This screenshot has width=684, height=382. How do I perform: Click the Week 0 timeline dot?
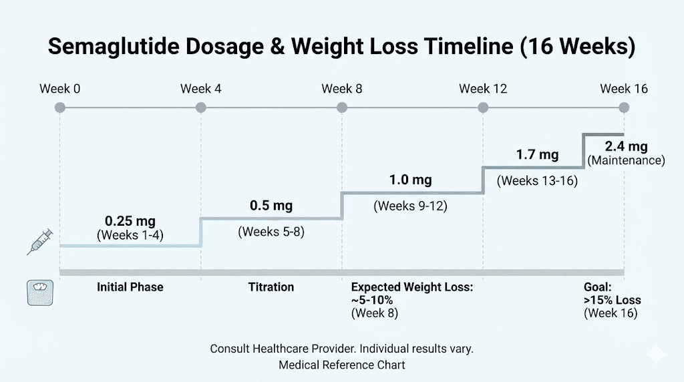coord(60,108)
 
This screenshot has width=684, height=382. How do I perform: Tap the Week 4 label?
coord(200,89)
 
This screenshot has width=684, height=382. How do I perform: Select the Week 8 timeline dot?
coord(342,108)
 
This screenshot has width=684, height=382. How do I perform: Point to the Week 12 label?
coord(484,89)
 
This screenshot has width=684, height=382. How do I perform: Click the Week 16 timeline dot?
coord(624,108)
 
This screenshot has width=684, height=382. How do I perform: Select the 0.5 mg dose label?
coord(271,206)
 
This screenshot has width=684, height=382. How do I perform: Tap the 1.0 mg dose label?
coord(411,180)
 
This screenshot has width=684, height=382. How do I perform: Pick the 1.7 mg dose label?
coord(537,155)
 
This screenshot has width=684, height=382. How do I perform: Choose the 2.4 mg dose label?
coord(626,147)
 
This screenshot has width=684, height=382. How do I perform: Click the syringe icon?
coord(39,241)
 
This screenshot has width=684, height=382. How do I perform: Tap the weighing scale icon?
coord(39,293)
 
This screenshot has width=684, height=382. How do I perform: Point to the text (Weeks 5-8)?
coord(271,232)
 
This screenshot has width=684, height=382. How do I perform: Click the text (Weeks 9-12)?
coord(411,206)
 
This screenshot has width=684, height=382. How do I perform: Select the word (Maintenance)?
coord(626,160)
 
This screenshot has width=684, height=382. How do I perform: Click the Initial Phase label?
coord(130,287)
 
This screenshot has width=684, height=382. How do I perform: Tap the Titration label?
coord(271,287)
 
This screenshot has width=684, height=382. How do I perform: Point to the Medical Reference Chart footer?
coord(342,365)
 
